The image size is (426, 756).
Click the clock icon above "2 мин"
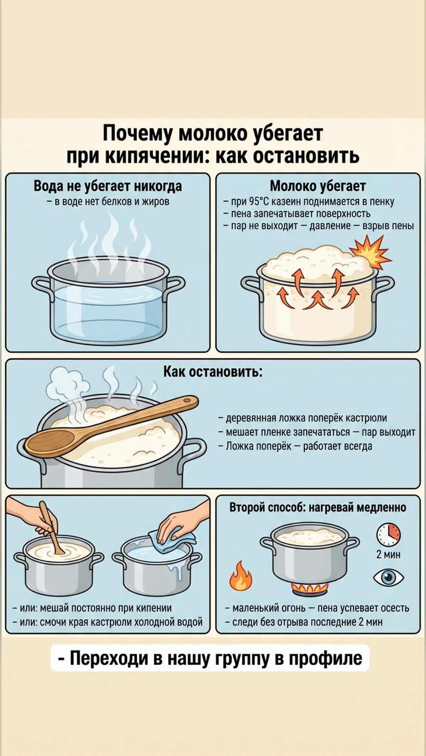click(x=389, y=535)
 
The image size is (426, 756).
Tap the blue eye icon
click(x=389, y=577)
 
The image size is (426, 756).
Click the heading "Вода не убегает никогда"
click(x=108, y=186)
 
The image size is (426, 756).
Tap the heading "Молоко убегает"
click(x=318, y=186)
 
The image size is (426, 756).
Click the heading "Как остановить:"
click(x=213, y=372)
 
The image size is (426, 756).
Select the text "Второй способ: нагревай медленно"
click(x=318, y=507)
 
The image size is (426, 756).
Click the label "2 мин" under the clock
click(x=389, y=554)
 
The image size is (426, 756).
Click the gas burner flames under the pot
click(x=309, y=589)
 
